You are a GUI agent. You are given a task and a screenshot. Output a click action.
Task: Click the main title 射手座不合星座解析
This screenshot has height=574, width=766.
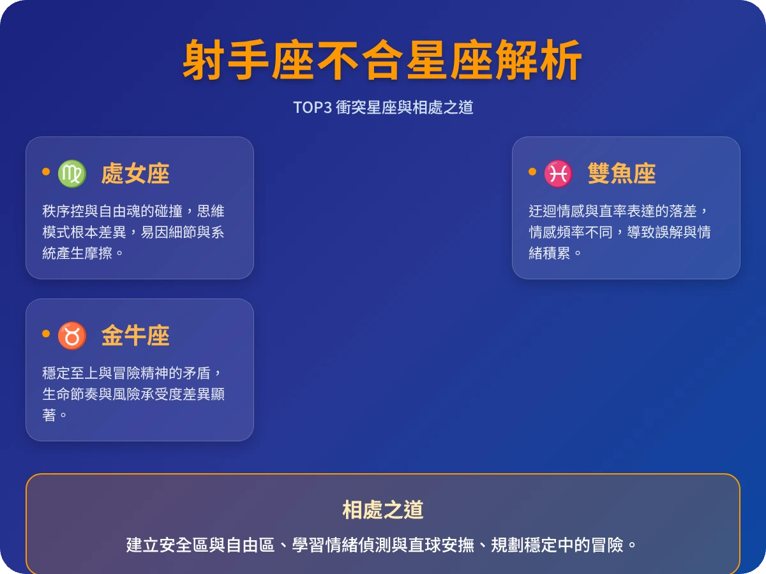pos(382,61)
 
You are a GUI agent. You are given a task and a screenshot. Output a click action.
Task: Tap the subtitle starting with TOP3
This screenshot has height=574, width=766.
pos(383,107)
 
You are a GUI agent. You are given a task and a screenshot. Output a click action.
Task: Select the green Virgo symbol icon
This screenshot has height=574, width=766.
pos(72,173)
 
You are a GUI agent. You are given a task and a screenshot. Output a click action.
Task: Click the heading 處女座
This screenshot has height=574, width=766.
pos(135,173)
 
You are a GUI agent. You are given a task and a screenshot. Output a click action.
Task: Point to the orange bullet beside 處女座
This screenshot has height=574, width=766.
pos(46,172)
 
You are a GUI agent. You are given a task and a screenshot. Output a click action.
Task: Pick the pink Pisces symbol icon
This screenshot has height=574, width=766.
pos(559,173)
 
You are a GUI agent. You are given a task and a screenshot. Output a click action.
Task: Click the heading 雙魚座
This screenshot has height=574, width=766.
pos(622,173)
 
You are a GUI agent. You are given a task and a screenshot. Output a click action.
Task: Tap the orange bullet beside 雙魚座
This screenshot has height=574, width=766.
pos(532,172)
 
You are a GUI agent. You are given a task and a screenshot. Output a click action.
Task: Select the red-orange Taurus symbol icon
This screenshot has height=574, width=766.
pos(72,335)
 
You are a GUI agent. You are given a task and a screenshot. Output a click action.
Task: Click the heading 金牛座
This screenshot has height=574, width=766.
pos(135,335)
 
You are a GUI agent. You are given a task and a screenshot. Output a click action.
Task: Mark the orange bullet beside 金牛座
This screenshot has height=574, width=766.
pos(46,334)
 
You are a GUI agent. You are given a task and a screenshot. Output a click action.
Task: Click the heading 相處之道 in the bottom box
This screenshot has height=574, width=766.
pos(383,510)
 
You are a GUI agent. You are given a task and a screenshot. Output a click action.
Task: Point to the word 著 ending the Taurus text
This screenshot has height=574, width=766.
pos(50,415)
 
